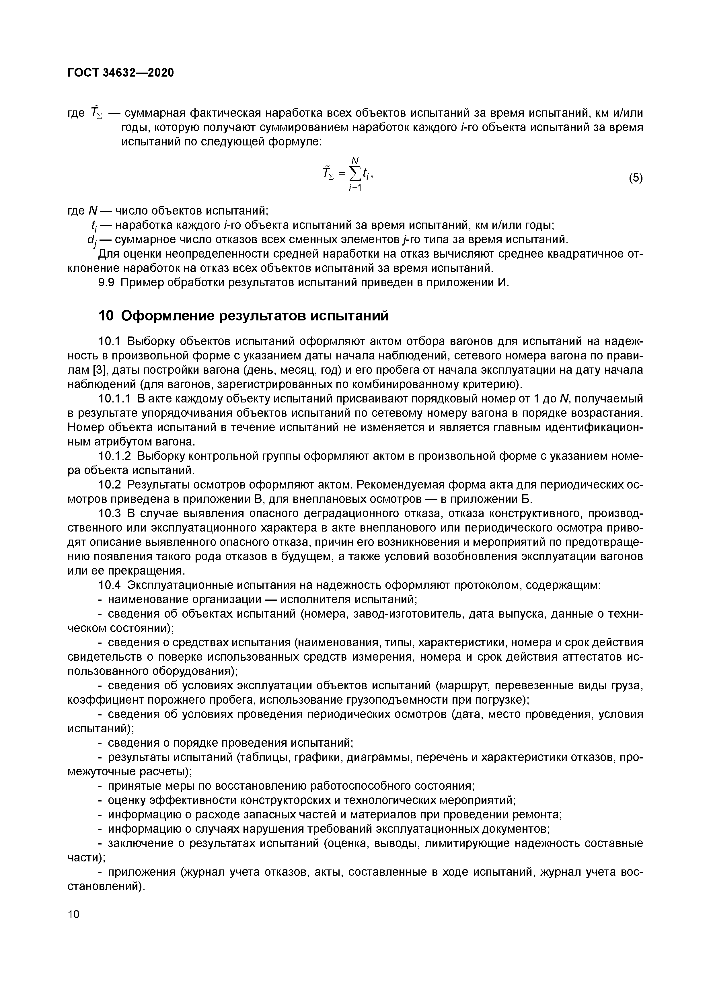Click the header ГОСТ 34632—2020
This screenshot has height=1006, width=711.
[x=121, y=73]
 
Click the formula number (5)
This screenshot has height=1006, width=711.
[x=636, y=178]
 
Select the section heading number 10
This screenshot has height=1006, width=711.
[x=106, y=316]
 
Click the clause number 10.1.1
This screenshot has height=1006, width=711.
[x=115, y=399]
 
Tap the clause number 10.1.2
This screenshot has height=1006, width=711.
[x=115, y=456]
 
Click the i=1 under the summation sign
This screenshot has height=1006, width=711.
[x=354, y=188]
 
